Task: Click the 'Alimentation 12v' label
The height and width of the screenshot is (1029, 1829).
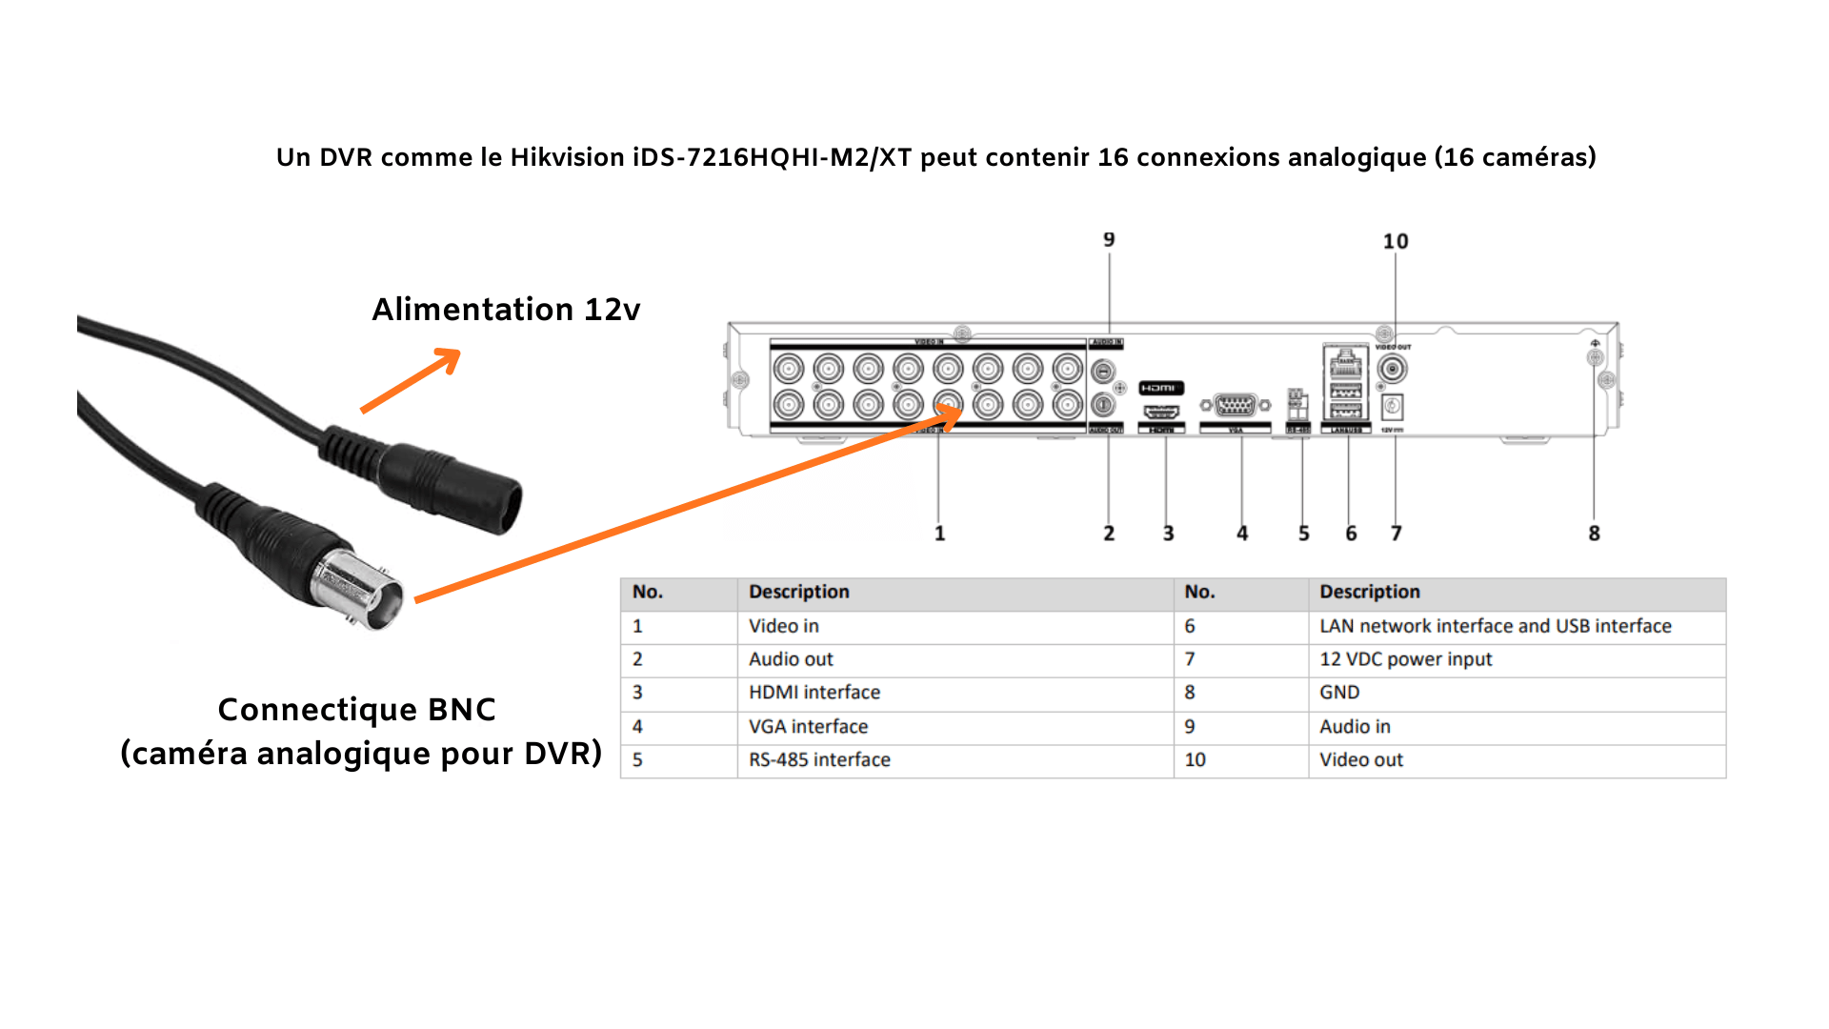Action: pyautogui.click(x=506, y=310)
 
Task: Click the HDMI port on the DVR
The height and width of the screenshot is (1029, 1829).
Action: pyautogui.click(x=1161, y=412)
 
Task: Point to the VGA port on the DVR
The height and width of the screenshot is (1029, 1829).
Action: pyautogui.click(x=1236, y=406)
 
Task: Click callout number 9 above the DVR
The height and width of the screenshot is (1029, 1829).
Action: pyautogui.click(x=1109, y=240)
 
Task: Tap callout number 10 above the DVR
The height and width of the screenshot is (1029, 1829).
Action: pyautogui.click(x=1396, y=242)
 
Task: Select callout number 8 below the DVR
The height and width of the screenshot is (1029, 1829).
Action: pyautogui.click(x=1594, y=534)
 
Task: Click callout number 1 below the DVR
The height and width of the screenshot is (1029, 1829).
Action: pyautogui.click(x=939, y=534)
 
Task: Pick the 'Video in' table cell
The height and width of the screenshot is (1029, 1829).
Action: pyautogui.click(x=784, y=626)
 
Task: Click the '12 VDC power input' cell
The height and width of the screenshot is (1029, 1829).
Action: pyautogui.click(x=1405, y=659)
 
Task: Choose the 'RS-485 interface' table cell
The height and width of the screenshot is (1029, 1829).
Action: pyautogui.click(x=819, y=760)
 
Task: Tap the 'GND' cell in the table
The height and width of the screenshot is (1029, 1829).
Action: pyautogui.click(x=1339, y=693)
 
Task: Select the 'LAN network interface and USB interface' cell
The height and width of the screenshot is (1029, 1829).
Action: pyautogui.click(x=1495, y=626)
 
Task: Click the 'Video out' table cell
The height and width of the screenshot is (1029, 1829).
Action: pyautogui.click(x=1361, y=760)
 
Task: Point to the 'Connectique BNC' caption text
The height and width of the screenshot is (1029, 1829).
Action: pyautogui.click(x=356, y=710)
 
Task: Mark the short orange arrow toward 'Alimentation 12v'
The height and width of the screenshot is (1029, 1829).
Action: pyautogui.click(x=411, y=381)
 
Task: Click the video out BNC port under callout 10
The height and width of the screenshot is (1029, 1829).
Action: pyautogui.click(x=1392, y=369)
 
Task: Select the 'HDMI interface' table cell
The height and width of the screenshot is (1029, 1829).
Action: pyautogui.click(x=814, y=693)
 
